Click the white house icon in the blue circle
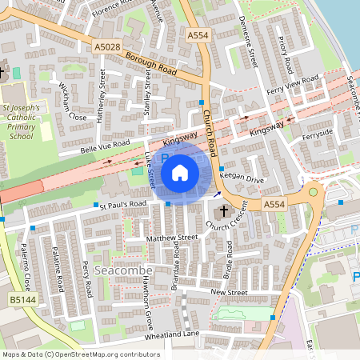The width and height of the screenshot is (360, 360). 180,172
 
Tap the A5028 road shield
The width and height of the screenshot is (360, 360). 106,48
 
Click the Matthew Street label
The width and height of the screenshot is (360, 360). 172,238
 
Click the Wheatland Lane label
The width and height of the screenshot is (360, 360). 172,334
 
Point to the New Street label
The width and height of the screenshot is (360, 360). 229,293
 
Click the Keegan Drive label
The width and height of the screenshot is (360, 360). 242,180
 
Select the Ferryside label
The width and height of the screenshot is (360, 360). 318,134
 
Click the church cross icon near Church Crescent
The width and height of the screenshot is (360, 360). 223,212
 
